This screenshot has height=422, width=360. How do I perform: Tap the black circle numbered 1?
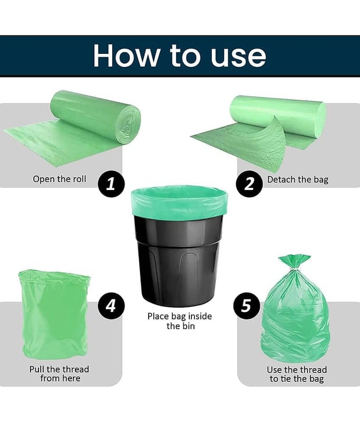[x=111, y=184]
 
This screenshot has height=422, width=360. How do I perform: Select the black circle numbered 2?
[x=249, y=184]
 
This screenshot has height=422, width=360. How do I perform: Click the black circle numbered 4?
[x=111, y=306]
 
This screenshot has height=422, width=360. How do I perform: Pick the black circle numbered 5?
[x=247, y=306]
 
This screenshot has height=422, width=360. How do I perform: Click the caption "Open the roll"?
[x=60, y=179]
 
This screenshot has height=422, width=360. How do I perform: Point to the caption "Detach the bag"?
[x=298, y=179]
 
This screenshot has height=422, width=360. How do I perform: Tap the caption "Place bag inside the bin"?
[x=180, y=321]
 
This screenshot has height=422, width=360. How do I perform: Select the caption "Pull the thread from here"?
[x=59, y=373]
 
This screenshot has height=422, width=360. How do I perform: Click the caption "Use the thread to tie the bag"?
[x=297, y=374]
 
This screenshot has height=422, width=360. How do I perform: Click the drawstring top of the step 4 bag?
[x=54, y=277]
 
